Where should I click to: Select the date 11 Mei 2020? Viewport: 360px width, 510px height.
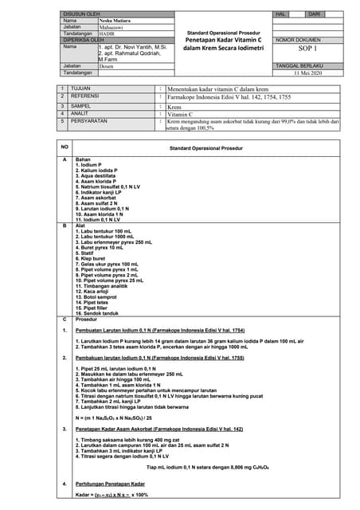[307, 73]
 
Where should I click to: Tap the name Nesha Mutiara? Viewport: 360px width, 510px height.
[115, 20]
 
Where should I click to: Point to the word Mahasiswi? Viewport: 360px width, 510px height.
[111, 26]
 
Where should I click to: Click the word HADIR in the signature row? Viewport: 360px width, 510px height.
[107, 33]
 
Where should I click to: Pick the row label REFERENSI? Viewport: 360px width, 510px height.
[84, 96]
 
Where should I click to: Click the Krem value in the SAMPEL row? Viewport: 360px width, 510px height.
[174, 106]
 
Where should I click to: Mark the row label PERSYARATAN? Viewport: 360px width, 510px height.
[89, 121]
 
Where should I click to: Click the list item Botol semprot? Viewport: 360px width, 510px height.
[96, 297]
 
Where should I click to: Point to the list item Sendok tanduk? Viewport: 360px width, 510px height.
[97, 314]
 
